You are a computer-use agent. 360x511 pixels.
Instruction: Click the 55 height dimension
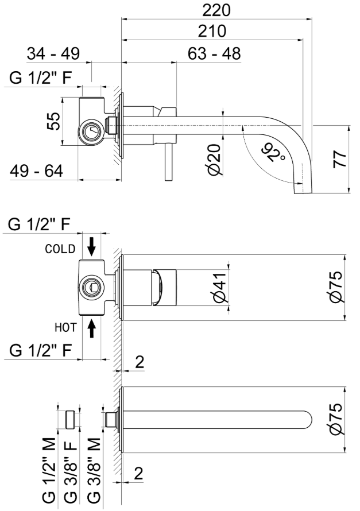tap(53, 122)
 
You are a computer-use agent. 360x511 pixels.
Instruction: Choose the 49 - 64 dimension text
tap(36, 171)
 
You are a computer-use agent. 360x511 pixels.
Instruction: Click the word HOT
tap(66, 327)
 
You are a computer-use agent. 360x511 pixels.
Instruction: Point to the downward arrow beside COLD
tap(92, 246)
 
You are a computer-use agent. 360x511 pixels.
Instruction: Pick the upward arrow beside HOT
tap(92, 327)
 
